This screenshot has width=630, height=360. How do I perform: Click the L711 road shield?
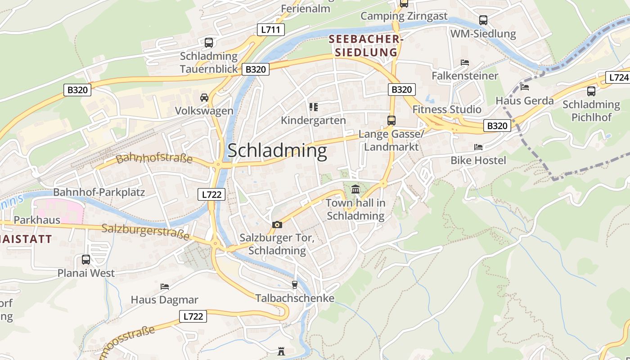(x=271, y=30)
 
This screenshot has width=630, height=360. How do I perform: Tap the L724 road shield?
(x=618, y=77)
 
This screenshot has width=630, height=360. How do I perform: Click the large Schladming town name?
(x=277, y=150)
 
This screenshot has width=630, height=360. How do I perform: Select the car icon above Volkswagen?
(x=204, y=98)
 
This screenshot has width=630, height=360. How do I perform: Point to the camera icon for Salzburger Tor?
(x=277, y=225)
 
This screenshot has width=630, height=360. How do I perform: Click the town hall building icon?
(x=355, y=189)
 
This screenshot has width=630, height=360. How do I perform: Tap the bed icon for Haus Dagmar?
(x=165, y=286)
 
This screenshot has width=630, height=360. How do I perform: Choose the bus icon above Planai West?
(x=85, y=260)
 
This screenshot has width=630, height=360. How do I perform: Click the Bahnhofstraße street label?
(x=154, y=158)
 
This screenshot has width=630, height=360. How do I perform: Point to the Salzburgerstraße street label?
(x=145, y=232)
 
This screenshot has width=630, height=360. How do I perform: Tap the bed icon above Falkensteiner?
(x=465, y=62)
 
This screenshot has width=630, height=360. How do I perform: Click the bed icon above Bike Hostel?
(x=478, y=147)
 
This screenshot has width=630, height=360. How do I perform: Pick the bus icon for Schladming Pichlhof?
(x=591, y=91)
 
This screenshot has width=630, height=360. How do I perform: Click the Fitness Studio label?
(x=447, y=109)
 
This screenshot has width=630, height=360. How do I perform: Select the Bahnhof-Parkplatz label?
(x=99, y=193)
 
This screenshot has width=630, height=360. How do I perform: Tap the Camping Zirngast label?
(x=404, y=16)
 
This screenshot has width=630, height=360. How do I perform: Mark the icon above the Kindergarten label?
(x=314, y=107)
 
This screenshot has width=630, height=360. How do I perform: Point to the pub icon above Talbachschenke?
(x=295, y=284)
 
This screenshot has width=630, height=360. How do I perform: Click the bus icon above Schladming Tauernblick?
(x=209, y=43)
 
